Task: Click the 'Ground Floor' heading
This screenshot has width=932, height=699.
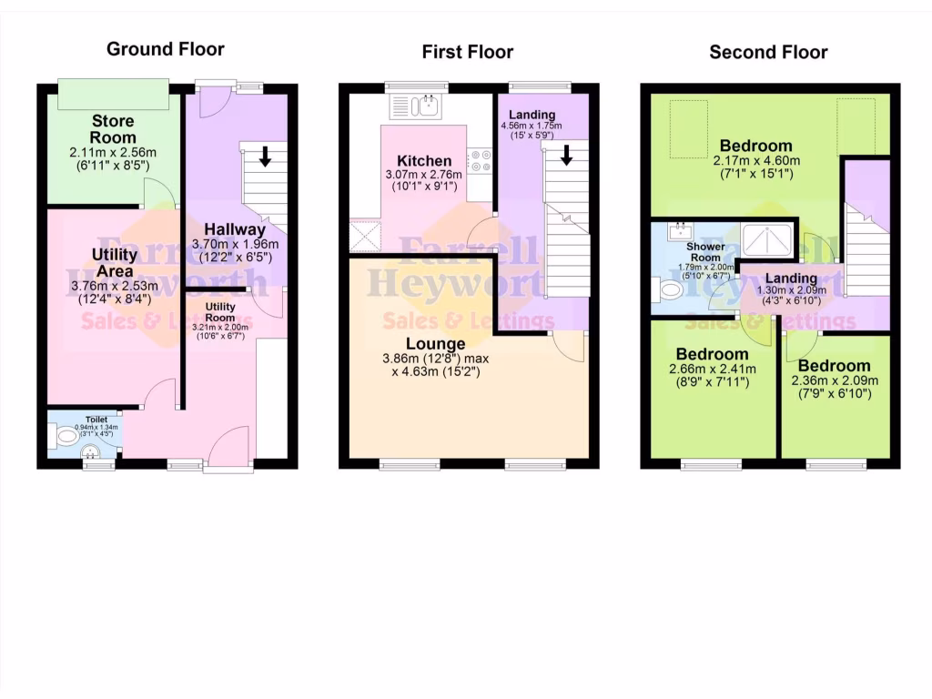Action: [165, 49]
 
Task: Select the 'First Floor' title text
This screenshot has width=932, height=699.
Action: [467, 52]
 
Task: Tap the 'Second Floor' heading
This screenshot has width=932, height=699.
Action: [768, 52]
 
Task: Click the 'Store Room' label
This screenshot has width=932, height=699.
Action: [113, 129]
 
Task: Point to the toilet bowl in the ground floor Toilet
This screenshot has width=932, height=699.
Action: [65, 437]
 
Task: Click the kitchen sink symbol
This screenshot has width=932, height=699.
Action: [415, 106]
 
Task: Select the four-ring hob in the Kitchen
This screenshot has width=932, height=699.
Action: [480, 161]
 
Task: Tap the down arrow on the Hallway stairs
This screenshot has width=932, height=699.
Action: [265, 157]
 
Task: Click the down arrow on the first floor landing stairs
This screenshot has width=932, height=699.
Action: [566, 156]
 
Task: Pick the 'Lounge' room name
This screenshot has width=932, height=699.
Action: [436, 344]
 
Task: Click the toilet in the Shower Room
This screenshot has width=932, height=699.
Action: [670, 290]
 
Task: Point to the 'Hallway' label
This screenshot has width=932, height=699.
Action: [234, 229]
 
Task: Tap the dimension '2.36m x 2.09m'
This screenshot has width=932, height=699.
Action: [835, 380]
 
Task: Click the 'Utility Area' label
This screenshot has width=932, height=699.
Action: [114, 263]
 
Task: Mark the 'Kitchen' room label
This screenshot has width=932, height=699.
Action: [425, 161]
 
